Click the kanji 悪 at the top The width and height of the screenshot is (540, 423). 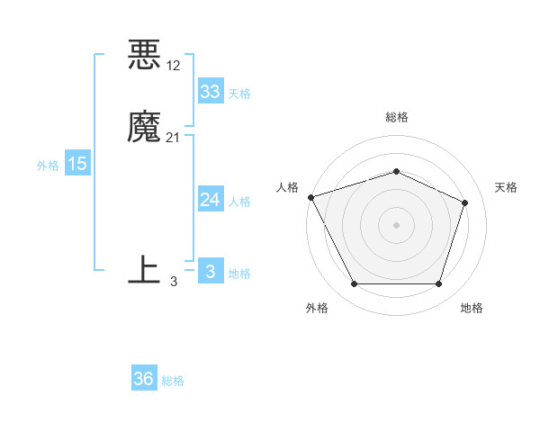pyautogui.click(x=145, y=56)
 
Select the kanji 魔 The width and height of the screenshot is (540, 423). pyautogui.click(x=145, y=128)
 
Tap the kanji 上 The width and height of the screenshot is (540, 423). pyautogui.click(x=145, y=271)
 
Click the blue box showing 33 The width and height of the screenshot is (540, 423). pyautogui.click(x=210, y=92)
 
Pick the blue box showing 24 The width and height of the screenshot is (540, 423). pyautogui.click(x=210, y=200)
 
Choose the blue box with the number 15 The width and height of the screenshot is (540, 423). pyautogui.click(x=77, y=164)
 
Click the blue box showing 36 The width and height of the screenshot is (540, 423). pyautogui.click(x=144, y=379)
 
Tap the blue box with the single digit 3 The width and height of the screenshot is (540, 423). pyautogui.click(x=210, y=272)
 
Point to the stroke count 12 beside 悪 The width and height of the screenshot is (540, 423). pyautogui.click(x=174, y=65)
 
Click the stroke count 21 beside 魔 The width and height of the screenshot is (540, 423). pyautogui.click(x=174, y=137)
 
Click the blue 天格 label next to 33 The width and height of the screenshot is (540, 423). pyautogui.click(x=239, y=94)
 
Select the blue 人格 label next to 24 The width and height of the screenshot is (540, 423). pyautogui.click(x=239, y=202)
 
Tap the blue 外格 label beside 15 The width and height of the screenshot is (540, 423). pyautogui.click(x=48, y=166)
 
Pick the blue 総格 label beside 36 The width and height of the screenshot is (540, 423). pyautogui.click(x=174, y=381)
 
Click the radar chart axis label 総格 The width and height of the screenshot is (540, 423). pyautogui.click(x=396, y=117)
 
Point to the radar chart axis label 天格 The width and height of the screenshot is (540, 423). pyautogui.click(x=507, y=187)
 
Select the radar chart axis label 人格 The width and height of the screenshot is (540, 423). pyautogui.click(x=287, y=187)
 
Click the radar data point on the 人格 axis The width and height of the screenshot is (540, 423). pyautogui.click(x=310, y=197)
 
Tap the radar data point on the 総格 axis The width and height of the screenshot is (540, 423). pyautogui.click(x=396, y=171)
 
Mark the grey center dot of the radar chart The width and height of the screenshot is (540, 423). pyautogui.click(x=396, y=224)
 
